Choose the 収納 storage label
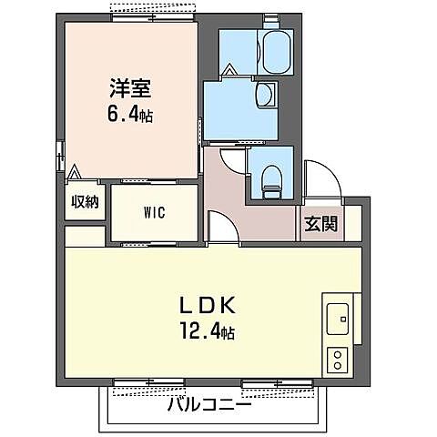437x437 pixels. pyautogui.click(x=86, y=202)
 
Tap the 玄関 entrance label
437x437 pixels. pyautogui.click(x=321, y=223)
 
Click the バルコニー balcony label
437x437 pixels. pyautogui.click(x=208, y=404)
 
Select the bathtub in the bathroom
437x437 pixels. pyautogui.click(x=276, y=52)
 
